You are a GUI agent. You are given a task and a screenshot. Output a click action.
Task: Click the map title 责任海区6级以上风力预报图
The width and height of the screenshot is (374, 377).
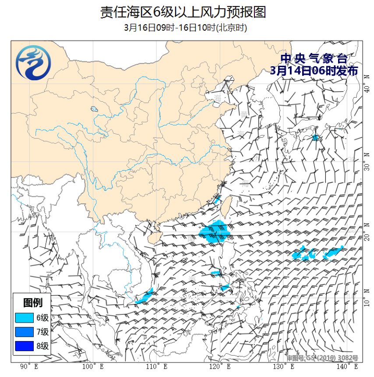pyautogui.click(x=183, y=12)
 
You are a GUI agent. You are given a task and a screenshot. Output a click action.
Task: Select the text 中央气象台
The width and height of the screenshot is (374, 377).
pyautogui.click(x=314, y=59)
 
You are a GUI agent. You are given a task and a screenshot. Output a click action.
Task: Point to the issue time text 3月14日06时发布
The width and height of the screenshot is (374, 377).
pyautogui.click(x=314, y=71)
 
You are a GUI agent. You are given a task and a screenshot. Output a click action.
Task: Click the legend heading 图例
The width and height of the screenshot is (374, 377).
pyautogui.click(x=33, y=302)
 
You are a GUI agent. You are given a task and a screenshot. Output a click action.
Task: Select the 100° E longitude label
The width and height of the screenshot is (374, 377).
pyautogui.click(x=92, y=366)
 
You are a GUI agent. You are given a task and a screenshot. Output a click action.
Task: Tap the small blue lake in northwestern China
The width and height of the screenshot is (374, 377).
pyautogui.click(x=94, y=109)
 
